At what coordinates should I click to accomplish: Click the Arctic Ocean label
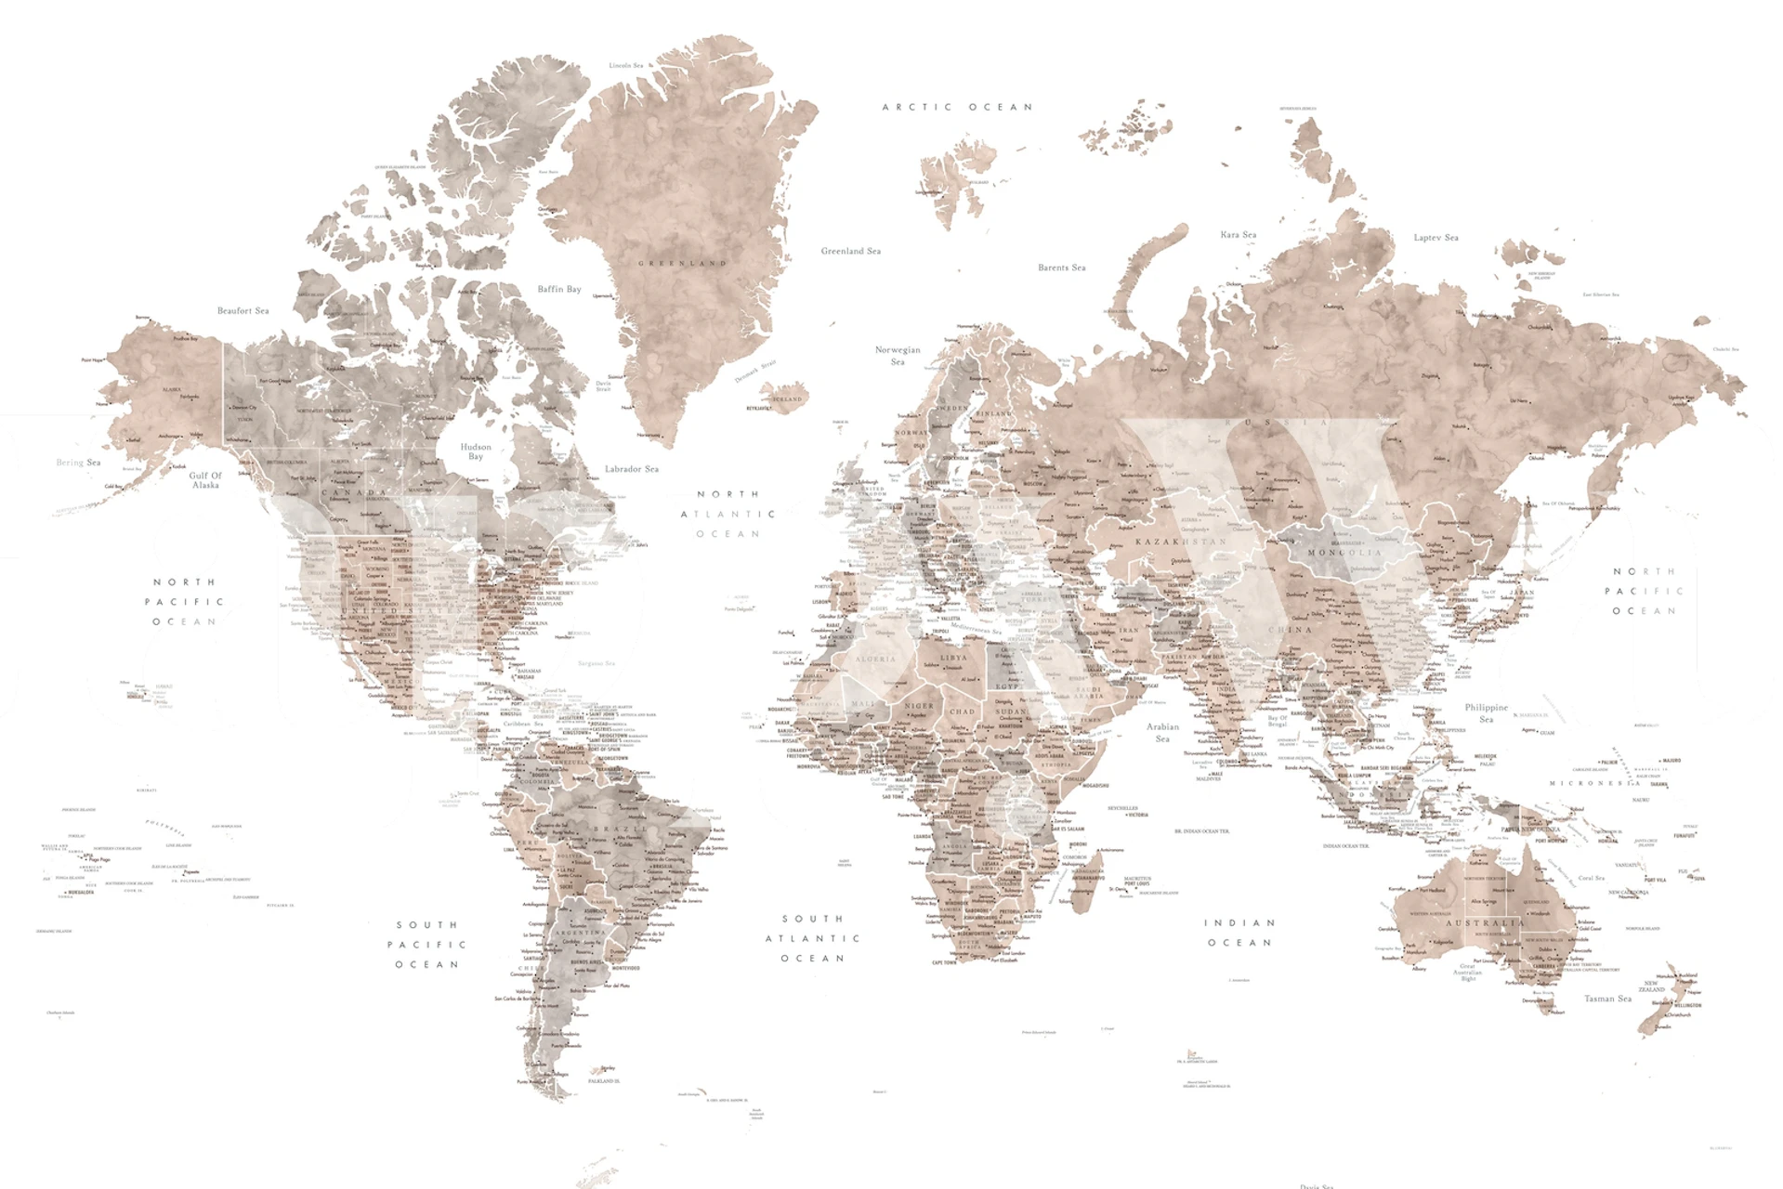[957, 107]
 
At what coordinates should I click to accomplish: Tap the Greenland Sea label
[850, 251]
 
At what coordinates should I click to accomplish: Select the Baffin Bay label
[558, 289]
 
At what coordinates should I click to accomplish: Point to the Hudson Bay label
[476, 451]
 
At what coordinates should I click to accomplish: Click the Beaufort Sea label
[243, 310]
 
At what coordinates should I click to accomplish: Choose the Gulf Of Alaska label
[205, 479]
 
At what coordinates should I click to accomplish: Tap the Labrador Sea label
[632, 469]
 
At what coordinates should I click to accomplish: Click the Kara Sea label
[1238, 235]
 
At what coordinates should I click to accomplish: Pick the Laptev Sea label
[1436, 238]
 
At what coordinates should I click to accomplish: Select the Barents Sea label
[1061, 268]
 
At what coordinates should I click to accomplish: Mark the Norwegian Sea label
[898, 356]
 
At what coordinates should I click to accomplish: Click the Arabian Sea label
[1162, 732]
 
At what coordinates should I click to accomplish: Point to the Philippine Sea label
[1486, 712]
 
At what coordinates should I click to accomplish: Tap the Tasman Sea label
[1607, 999]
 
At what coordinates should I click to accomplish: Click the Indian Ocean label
[1239, 933]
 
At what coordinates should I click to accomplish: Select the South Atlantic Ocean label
[813, 938]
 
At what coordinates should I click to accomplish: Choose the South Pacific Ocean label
[427, 945]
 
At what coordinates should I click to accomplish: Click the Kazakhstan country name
[1180, 541]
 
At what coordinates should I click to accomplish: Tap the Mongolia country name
[1344, 553]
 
